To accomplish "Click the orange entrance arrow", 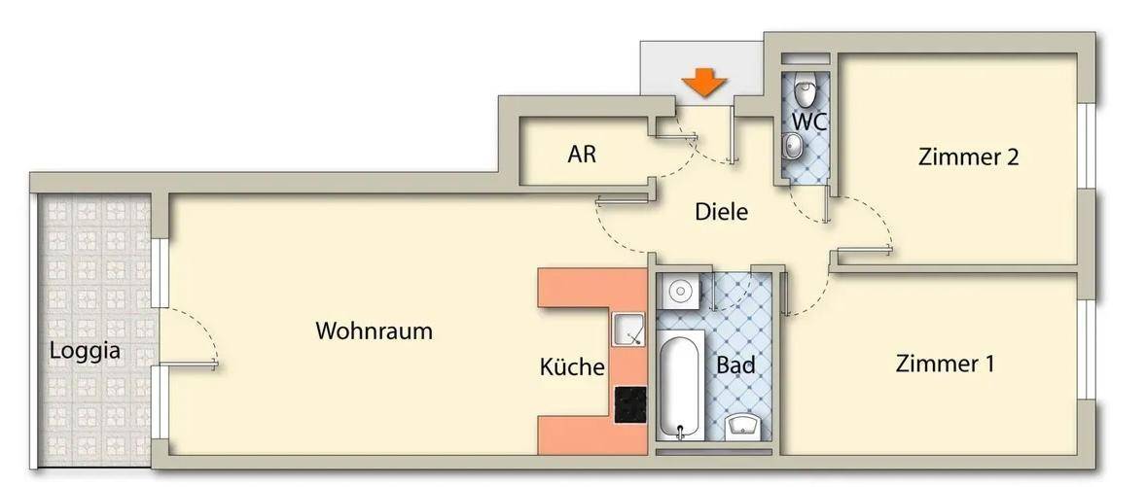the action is (x=703, y=82).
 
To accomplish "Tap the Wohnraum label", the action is (x=375, y=330).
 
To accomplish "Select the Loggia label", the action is (x=85, y=351).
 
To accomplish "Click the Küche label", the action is (x=572, y=366).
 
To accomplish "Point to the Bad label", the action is (x=735, y=365).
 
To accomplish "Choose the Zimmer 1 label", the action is (x=945, y=364).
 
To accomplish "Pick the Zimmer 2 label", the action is (x=968, y=157).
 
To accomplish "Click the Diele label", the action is (x=722, y=213).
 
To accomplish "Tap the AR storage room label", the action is (x=582, y=155).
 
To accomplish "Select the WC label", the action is (x=809, y=122).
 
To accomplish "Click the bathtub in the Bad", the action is (x=680, y=385).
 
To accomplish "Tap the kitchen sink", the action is (x=628, y=330).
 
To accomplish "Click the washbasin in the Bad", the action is (x=743, y=427).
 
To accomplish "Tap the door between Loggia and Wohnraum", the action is (x=189, y=337).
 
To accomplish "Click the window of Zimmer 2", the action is (x=1089, y=146).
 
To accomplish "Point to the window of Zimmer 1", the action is (x=1089, y=350).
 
